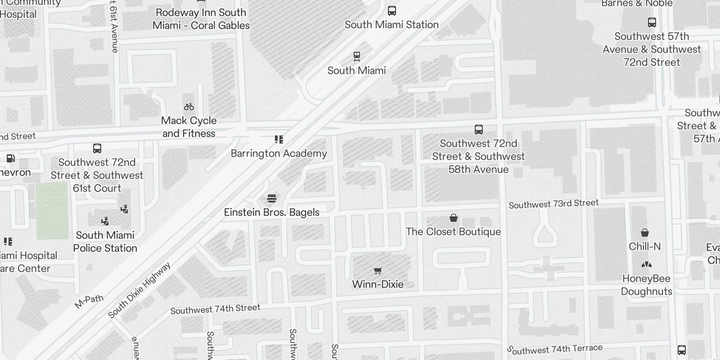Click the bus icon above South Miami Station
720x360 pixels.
(392, 11)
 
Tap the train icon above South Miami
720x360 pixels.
(357, 57)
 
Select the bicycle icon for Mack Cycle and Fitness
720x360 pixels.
(189, 107)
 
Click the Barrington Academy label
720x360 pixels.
(279, 153)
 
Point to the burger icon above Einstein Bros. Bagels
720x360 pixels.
(272, 198)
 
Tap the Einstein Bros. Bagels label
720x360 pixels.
(272, 212)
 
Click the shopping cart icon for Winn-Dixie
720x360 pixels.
(378, 270)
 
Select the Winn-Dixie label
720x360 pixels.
(378, 284)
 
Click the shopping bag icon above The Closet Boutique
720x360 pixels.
(454, 218)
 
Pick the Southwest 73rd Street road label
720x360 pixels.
(553, 204)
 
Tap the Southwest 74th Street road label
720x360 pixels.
(215, 309)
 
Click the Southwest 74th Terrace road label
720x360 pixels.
(555, 349)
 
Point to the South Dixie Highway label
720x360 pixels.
(139, 290)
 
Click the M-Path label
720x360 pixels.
(89, 301)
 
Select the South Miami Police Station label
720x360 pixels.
(105, 242)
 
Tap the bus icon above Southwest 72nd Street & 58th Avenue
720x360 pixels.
(479, 130)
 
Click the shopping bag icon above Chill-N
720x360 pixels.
(645, 233)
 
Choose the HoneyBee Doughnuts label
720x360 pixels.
(647, 285)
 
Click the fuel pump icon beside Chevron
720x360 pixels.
(10, 158)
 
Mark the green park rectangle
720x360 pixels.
(52, 211)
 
